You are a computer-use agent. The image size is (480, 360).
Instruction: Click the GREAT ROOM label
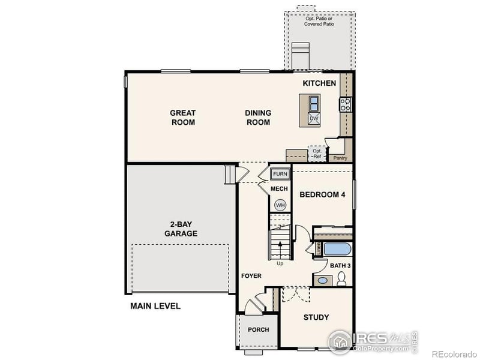click(x=182, y=117)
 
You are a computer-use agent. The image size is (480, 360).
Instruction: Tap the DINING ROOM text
click(x=258, y=117)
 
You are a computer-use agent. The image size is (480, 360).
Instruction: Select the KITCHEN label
click(x=319, y=83)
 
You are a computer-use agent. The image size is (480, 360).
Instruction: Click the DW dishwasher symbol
click(x=314, y=119)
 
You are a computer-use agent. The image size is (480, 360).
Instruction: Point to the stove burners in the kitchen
click(x=346, y=105)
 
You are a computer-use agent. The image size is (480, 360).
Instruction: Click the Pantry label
click(x=340, y=158)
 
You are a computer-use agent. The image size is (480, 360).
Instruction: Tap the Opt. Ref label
click(x=317, y=154)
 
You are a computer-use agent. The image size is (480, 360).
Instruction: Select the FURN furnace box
click(x=280, y=174)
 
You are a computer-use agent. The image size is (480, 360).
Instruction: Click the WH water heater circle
click(x=280, y=205)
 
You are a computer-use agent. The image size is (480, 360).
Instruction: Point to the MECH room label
click(x=280, y=189)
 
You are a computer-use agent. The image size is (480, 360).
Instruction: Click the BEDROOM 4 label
click(x=322, y=194)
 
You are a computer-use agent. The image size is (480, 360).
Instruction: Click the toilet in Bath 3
click(x=341, y=278)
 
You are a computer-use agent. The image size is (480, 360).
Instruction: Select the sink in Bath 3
click(x=322, y=280)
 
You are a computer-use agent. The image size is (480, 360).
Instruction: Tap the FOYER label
click(x=251, y=276)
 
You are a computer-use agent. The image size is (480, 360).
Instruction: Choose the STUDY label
click(x=316, y=317)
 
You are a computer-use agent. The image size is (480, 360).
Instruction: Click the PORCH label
click(x=258, y=329)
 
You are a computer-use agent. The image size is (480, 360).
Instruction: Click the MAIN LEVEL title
click(x=155, y=306)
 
